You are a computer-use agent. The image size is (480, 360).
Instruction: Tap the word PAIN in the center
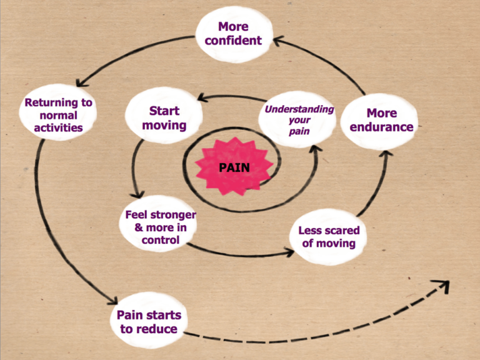(234, 167)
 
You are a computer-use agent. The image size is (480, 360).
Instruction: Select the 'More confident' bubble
(234, 34)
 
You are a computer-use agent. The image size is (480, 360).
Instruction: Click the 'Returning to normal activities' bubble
(58, 112)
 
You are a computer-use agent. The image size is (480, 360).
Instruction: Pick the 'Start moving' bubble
(164, 116)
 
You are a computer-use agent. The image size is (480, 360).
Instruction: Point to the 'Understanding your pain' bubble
(297, 120)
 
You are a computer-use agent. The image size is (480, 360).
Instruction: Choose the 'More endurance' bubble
(379, 121)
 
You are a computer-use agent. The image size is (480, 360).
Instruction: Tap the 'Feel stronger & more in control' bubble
(158, 224)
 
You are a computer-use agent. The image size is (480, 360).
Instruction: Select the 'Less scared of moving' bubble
(328, 237)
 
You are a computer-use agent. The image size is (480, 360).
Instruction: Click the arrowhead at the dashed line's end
(442, 286)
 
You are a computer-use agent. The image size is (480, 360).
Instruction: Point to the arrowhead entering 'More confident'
(279, 41)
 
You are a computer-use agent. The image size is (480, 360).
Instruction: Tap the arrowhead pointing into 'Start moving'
(204, 97)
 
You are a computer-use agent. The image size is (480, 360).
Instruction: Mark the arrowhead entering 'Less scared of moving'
(289, 252)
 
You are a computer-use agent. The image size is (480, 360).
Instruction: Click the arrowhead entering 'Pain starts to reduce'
(112, 300)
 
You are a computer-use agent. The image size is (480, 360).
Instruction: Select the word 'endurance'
(381, 127)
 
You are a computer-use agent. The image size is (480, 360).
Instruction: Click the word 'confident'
(234, 41)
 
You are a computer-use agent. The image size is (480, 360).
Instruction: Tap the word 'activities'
(58, 127)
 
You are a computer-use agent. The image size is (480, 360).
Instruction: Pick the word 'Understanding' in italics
(299, 109)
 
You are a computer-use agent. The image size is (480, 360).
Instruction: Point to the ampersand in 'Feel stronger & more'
(139, 227)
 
